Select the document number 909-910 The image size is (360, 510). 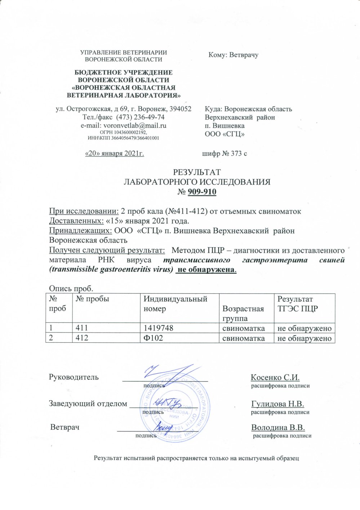coord(201,192)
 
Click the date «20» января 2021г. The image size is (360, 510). coord(114,154)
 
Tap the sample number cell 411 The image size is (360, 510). coord(81,328)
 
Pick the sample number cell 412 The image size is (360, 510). coord(81,338)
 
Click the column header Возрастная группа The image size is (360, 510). coord(243,313)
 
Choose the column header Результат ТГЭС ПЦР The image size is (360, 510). coord(295,304)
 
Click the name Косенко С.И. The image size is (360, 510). coord(276,377)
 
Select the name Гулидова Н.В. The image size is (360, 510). coord(277,403)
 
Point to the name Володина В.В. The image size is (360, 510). coord(278,427)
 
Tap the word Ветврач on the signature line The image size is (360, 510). coord(65,427)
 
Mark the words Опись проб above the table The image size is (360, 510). coord(71,288)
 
